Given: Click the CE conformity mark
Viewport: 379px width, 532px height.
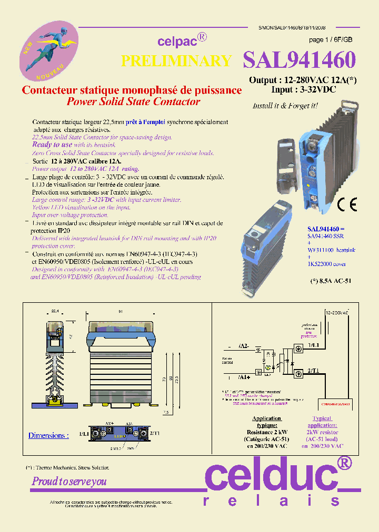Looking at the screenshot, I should [x=347, y=204].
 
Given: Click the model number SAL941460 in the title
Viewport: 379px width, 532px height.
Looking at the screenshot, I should [x=299, y=60].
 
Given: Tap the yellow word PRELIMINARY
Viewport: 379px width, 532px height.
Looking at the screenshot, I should [x=176, y=61].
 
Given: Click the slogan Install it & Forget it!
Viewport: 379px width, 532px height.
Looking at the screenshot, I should [x=285, y=106].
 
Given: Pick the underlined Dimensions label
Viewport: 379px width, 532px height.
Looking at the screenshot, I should [x=48, y=435].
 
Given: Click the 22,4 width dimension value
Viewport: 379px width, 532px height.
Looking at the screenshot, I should [x=54, y=312].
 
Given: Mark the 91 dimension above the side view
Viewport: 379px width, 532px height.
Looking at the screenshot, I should [x=122, y=312].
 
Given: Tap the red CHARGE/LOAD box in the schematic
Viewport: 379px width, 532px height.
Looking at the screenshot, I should [x=335, y=404].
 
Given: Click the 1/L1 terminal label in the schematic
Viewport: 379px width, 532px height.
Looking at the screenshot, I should [x=313, y=345].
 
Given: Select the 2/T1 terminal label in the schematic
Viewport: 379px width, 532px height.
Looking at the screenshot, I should [x=314, y=371].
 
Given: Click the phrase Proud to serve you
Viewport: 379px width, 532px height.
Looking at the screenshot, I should [x=69, y=481].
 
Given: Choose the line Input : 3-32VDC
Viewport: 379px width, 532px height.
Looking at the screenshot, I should [x=296, y=89].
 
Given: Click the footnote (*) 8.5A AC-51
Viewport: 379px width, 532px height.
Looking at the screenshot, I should [x=331, y=281].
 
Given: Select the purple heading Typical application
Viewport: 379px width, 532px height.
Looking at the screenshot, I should [x=322, y=422].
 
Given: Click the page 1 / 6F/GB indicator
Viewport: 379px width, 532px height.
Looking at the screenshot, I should [x=331, y=40].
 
